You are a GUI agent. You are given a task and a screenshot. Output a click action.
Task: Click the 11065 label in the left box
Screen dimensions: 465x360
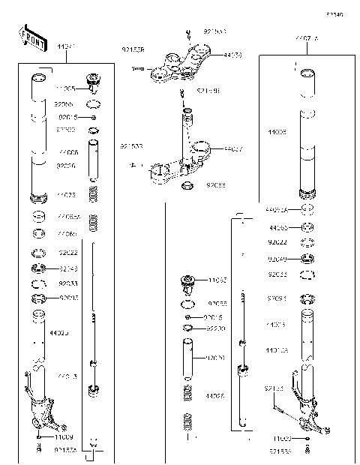click(x=66, y=88)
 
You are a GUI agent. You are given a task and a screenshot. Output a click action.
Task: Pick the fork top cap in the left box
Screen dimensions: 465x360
click(x=94, y=81)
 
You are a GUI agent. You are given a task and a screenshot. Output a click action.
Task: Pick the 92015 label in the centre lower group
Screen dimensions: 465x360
click(x=216, y=317)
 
